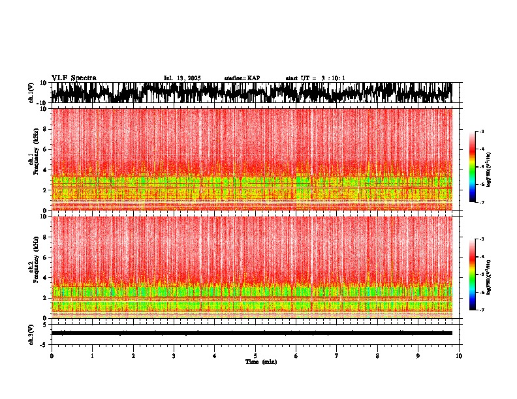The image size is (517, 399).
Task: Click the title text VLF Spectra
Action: point(74,78)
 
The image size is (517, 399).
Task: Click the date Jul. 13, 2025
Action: point(182,78)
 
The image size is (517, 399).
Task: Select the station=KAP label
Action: point(242,78)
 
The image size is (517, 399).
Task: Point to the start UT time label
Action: point(315,78)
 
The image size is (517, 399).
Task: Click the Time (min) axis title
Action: point(261,361)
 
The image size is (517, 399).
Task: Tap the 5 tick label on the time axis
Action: point(255,355)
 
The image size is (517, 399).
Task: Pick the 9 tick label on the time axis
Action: point(418,355)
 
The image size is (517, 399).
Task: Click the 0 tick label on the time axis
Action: point(52,355)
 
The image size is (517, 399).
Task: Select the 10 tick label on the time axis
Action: point(459,355)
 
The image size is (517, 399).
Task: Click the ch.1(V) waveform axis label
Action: point(31,93)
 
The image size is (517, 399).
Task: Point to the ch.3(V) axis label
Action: point(31,333)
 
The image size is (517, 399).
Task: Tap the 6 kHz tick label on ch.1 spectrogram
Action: point(45,149)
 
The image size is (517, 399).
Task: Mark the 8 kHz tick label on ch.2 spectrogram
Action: point(45,237)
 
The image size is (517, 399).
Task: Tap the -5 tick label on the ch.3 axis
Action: point(44,343)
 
